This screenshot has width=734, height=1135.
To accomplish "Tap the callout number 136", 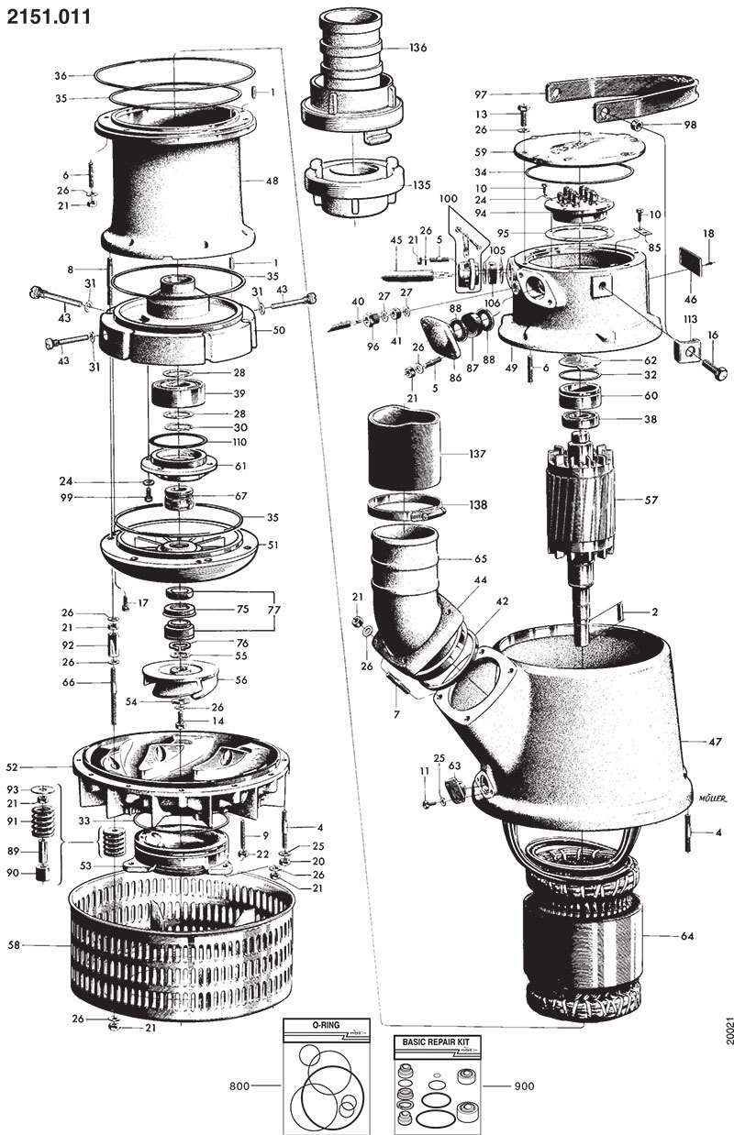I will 417,47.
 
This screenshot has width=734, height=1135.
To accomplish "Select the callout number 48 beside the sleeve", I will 272,182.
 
